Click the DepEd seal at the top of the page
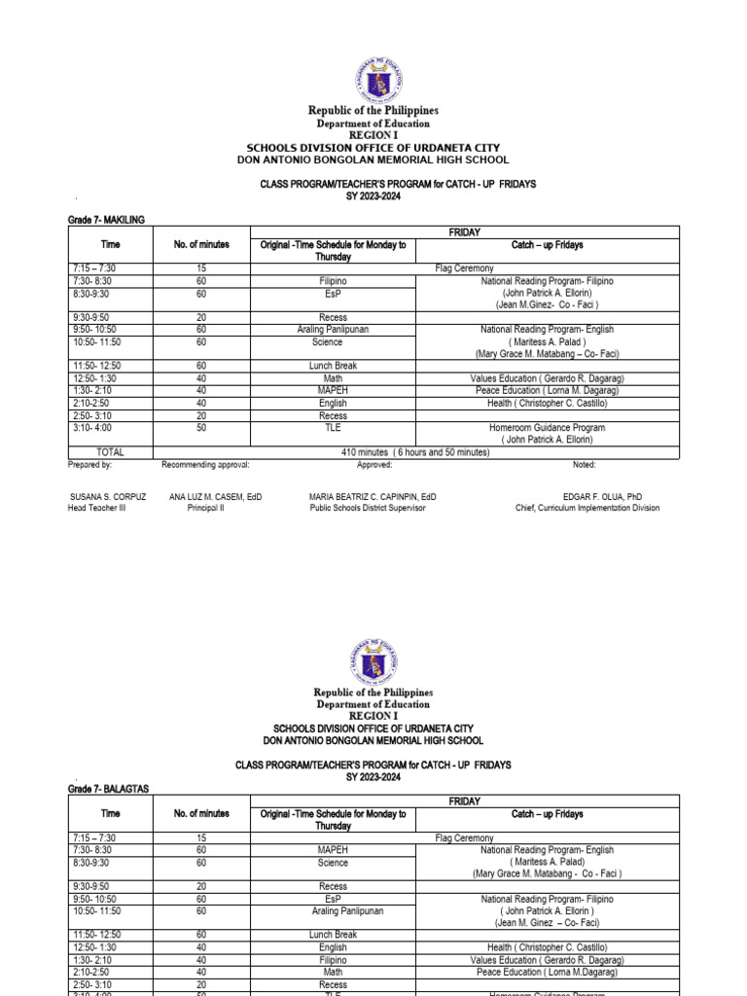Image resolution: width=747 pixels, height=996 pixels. pos(373,80)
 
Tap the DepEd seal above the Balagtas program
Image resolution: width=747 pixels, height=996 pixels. pos(373,666)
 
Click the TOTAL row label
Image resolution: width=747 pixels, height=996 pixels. pos(111,452)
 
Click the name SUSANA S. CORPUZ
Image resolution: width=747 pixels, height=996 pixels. pos(108,496)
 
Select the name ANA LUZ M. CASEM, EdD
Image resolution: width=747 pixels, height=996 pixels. pos(215,496)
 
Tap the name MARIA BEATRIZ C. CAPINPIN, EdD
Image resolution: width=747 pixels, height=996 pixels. pos(373,496)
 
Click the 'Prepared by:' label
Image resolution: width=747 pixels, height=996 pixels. pos(90,465)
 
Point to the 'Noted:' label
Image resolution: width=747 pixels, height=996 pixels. pos(585,465)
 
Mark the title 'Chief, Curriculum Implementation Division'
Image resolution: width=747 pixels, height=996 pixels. pos(587,508)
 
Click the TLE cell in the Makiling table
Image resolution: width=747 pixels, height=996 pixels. pos(333,427)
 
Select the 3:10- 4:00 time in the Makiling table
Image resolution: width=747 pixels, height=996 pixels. pos(94,427)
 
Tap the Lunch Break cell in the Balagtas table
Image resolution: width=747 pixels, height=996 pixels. pos(333,935)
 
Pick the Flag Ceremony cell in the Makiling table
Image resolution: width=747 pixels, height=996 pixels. pos(463,267)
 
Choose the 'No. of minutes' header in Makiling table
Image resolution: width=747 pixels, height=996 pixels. pos(201,244)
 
